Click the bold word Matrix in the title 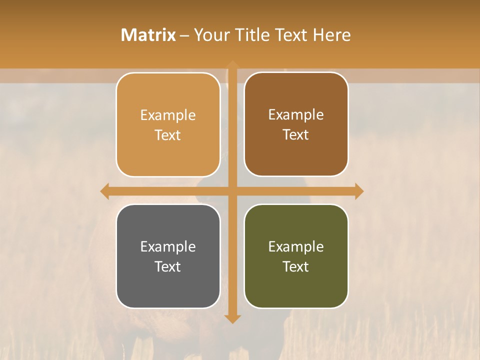(148, 35)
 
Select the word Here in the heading (331, 35)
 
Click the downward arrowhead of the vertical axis (232, 318)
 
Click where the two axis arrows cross (232, 191)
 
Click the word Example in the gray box (168, 246)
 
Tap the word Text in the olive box (296, 266)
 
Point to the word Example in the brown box (296, 114)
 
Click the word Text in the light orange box (168, 135)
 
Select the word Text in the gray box (168, 266)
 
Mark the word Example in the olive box (296, 246)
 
